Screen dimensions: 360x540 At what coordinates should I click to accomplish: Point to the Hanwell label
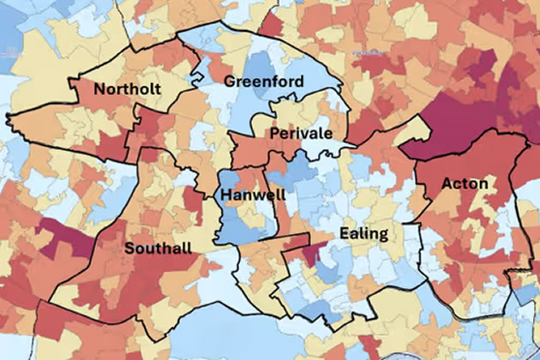click(x=249, y=195)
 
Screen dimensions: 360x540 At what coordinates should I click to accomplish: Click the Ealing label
click(x=363, y=233)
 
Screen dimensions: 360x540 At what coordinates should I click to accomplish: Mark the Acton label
click(x=465, y=183)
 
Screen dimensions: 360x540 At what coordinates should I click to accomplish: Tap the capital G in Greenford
click(x=229, y=81)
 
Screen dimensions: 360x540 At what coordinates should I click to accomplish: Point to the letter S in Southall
click(x=129, y=249)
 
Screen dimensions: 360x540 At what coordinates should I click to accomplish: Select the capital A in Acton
click(x=447, y=183)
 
